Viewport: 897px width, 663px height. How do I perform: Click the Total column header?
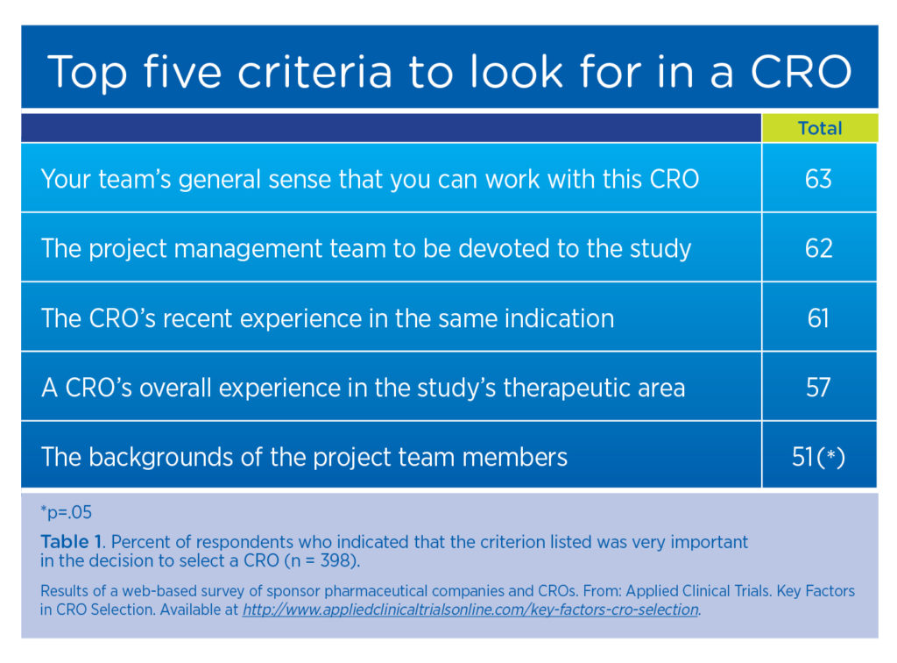pos(819,128)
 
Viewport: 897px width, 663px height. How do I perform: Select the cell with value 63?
pos(818,179)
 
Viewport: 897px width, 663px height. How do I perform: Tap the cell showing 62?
pos(818,248)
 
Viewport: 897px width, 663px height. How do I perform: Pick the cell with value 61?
pos(818,317)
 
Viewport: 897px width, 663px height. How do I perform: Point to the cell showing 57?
pos(818,387)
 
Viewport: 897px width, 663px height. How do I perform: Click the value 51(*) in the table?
pos(818,456)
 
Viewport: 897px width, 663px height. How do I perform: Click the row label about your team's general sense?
pos(370,179)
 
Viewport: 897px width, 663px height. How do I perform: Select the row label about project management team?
pos(366,248)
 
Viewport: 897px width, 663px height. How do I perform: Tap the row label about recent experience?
pos(328,317)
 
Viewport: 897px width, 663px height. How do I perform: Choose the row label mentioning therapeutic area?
pos(363,387)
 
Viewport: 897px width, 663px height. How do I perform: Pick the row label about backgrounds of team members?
pos(304,456)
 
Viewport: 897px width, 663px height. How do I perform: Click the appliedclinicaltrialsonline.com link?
pos(470,610)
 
